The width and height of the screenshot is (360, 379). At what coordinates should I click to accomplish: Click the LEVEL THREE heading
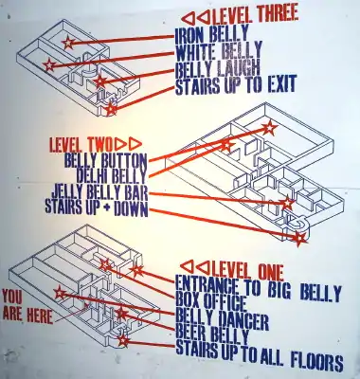pyautogui.click(x=255, y=16)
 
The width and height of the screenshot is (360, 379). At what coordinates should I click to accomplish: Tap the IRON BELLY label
pyautogui.click(x=212, y=35)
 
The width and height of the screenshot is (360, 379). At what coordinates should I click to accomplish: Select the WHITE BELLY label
pyautogui.click(x=219, y=51)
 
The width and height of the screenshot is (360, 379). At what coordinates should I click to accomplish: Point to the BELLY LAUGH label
pyautogui.click(x=218, y=68)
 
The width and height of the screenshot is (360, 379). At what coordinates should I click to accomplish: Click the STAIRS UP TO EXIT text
pyautogui.click(x=236, y=84)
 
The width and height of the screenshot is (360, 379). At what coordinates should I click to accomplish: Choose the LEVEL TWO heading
pyautogui.click(x=81, y=145)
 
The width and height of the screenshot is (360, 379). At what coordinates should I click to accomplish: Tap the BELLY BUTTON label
pyautogui.click(x=105, y=160)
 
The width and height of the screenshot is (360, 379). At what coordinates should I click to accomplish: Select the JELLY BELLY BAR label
pyautogui.click(x=99, y=191)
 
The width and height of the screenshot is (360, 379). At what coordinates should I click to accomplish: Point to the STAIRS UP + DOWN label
pyautogui.click(x=97, y=208)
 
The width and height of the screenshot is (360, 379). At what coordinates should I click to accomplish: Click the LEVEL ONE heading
pyautogui.click(x=248, y=271)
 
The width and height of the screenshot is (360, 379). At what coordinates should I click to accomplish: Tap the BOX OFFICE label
pyautogui.click(x=210, y=302)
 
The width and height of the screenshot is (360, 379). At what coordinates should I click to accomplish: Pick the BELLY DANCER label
pyautogui.click(x=222, y=319)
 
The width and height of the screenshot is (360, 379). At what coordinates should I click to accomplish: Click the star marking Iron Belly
pyautogui.click(x=68, y=43)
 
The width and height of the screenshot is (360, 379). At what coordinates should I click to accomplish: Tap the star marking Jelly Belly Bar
pyautogui.click(x=287, y=203)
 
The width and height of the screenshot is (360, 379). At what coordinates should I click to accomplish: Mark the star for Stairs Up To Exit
pyautogui.click(x=111, y=109)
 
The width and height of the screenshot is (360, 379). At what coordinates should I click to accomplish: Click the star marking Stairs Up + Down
pyautogui.click(x=299, y=239)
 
